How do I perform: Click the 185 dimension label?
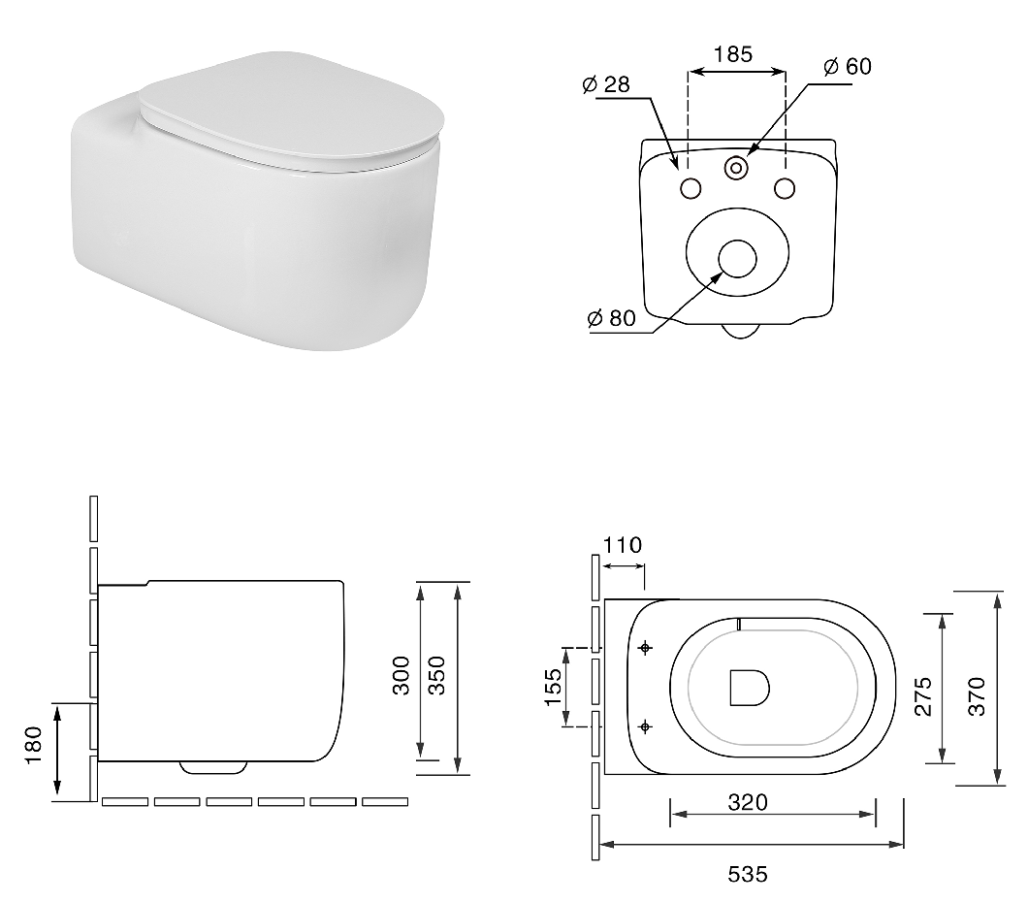733,53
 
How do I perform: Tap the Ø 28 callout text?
606,84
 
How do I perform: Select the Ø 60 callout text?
848,66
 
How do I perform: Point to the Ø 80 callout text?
612,318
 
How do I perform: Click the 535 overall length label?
748,874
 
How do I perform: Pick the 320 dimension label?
748,802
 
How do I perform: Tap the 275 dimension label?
923,696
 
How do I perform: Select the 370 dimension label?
977,696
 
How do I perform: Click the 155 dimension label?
554,687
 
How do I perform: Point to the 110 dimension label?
623,545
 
